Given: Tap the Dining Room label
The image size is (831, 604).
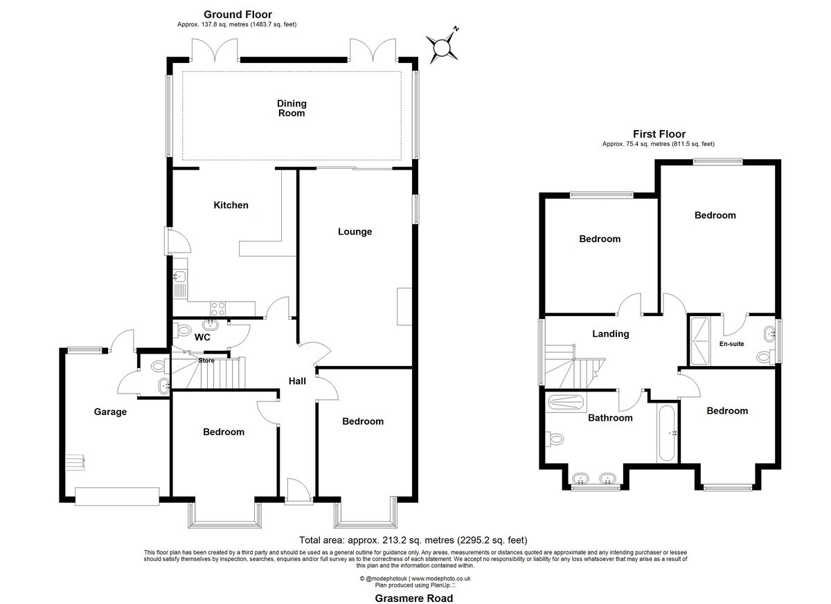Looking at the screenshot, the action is pos(292,108).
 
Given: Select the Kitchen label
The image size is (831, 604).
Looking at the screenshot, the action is pos(231,205).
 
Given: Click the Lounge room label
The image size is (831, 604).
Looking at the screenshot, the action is pos(355,232).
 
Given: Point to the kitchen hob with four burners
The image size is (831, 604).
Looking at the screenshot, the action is pos(217,309).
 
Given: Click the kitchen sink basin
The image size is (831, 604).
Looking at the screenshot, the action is pos(180,275).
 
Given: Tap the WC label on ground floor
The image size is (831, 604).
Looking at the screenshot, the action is pos(202,337).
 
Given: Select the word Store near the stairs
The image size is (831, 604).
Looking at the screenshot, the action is pos(206,360).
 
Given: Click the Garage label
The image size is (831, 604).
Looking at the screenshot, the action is pos(110,412).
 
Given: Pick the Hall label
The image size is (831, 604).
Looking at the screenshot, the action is pos(297,381).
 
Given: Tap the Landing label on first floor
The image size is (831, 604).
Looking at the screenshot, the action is pos(610,334).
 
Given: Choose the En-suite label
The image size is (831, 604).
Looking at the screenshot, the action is pos(731,344).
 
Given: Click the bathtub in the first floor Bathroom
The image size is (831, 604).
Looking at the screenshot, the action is pos(667,433).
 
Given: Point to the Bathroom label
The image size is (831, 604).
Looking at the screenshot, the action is pos(610,418).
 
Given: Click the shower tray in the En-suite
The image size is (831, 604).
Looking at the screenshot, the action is pos(699,341).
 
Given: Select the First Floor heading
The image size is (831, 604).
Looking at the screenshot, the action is pos(659,134).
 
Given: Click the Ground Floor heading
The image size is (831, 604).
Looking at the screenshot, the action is pos(238,15).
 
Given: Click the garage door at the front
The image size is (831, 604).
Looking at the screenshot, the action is pos(117,496).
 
